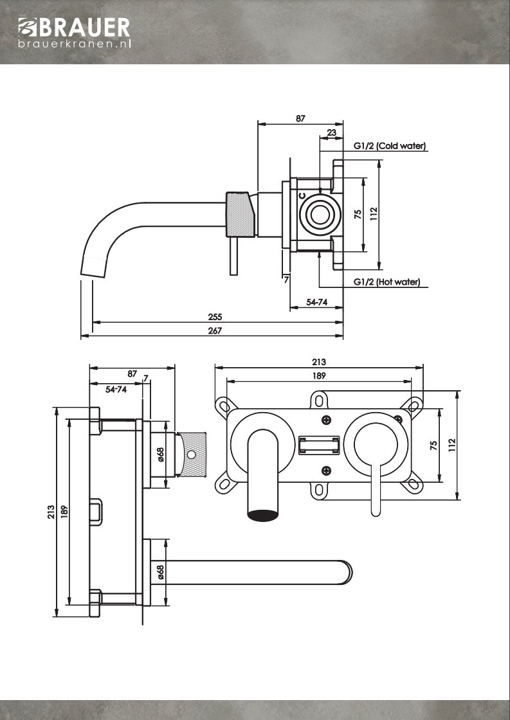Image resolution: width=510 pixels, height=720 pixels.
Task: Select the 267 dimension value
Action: pos(215,330)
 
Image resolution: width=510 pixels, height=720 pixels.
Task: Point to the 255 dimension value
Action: pos(215,317)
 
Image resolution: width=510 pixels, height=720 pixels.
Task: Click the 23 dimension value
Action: pos(332,132)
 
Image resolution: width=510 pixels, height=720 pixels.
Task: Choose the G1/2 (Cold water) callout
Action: pos(390,146)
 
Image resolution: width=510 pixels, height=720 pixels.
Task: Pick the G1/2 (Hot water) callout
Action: pos(387,282)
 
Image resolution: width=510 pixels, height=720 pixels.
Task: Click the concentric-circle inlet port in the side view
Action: pos(319,214)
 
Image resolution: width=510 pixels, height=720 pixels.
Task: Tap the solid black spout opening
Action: pos(264,515)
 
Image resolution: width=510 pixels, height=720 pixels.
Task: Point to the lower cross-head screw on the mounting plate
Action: pos(327,470)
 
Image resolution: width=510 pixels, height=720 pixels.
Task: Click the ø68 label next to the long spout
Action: pos(161,572)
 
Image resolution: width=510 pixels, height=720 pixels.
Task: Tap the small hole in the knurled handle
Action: pos(190,455)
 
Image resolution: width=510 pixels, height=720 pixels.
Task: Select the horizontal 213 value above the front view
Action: pos(319,362)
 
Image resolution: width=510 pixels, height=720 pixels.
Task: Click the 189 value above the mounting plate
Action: pos(319,375)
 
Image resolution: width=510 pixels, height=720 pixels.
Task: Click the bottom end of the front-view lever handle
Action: pos(376,512)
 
